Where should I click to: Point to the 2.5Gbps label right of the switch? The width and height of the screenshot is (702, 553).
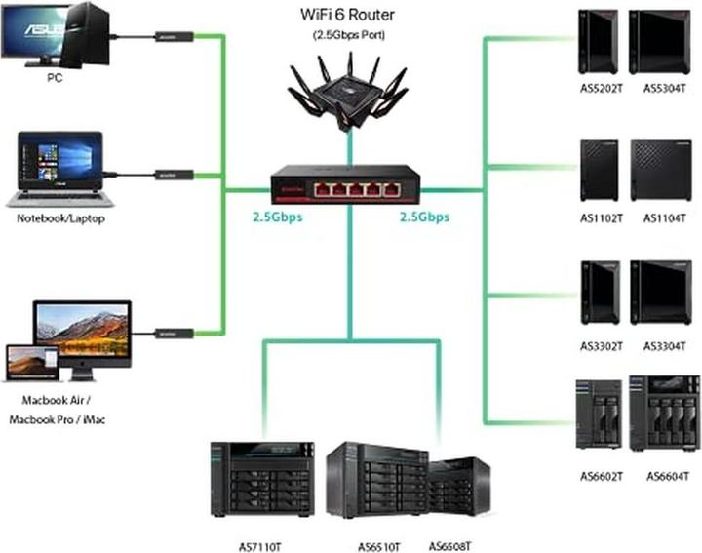point(424,217)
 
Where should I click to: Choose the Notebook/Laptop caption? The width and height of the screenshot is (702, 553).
point(60,218)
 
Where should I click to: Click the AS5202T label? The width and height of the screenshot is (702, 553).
point(597,87)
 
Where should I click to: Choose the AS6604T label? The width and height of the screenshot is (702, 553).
point(665,476)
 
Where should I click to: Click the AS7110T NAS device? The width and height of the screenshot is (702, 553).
point(261,478)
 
